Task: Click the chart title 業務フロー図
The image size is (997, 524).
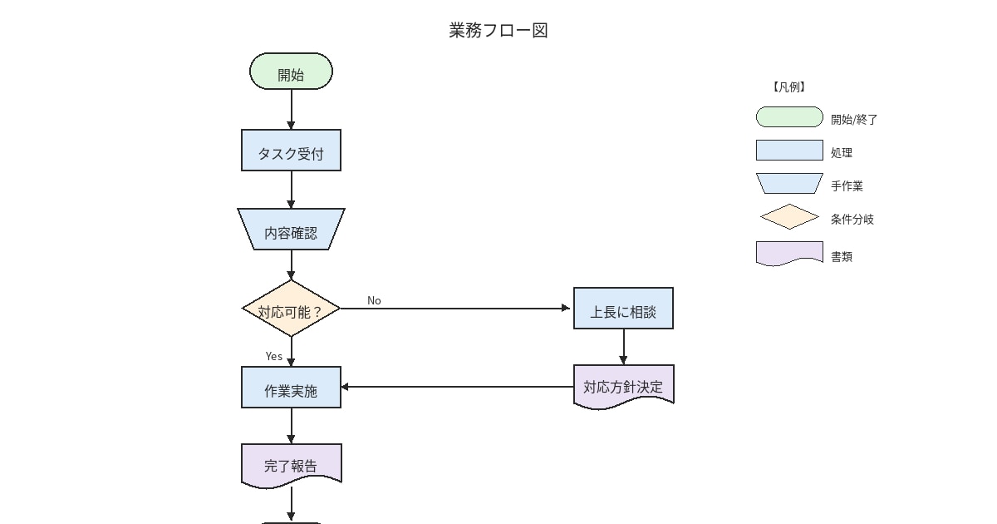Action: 498,31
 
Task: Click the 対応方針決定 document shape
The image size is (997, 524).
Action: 623,386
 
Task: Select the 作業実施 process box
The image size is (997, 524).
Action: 291,388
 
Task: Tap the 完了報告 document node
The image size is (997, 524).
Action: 291,464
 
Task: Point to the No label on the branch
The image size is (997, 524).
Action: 374,300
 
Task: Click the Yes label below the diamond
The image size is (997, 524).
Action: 274,356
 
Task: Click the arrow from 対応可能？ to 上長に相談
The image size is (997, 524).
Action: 457,309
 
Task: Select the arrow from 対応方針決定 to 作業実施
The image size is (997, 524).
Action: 457,387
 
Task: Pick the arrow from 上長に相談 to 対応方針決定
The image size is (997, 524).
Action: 623,346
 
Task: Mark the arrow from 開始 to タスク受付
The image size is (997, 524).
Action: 292,109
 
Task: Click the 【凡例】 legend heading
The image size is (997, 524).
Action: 788,87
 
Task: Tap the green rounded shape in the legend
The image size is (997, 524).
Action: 789,117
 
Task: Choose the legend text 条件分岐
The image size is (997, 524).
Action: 852,220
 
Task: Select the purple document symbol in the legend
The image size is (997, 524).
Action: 789,254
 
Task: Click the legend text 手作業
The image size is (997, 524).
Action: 847,186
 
